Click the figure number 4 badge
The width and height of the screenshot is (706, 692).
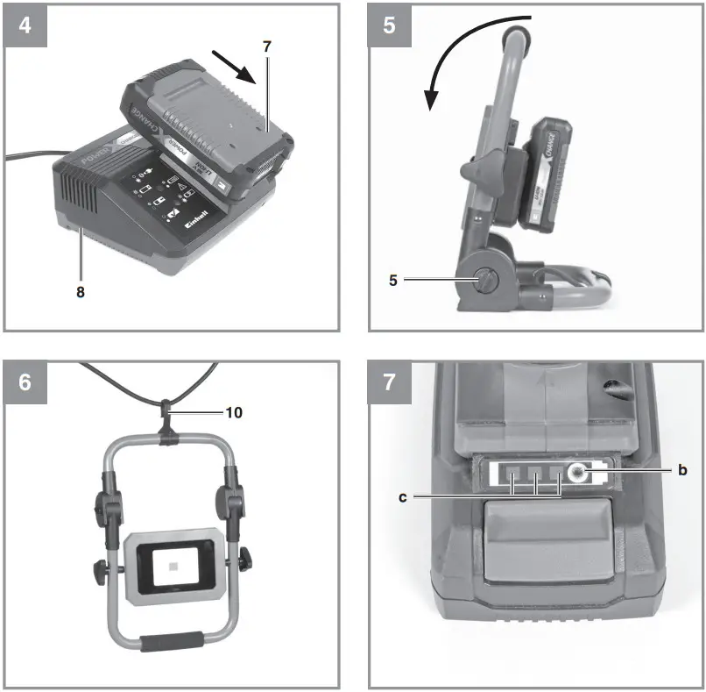25,24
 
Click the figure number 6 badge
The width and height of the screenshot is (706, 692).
25,382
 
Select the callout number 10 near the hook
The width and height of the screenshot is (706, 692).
234,410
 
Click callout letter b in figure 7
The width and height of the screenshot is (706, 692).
681,470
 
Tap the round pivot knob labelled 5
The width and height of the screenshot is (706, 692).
484,279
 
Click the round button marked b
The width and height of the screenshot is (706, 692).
577,473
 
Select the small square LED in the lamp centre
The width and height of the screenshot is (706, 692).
171,568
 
